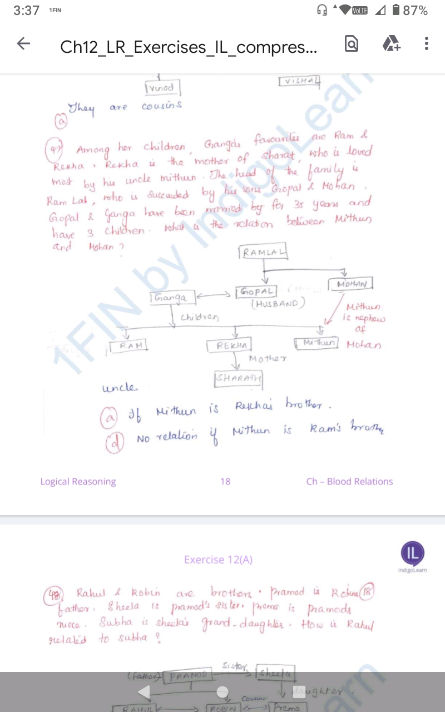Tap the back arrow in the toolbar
[23, 44]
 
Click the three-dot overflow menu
[426, 44]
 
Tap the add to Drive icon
[390, 44]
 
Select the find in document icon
[352, 44]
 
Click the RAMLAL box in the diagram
[263, 253]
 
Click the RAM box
[128, 346]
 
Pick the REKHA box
[229, 346]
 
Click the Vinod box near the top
[162, 88]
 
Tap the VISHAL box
[300, 81]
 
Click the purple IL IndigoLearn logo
[412, 552]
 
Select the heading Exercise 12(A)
[218, 560]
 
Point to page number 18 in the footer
[225, 481]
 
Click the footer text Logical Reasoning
[78, 481]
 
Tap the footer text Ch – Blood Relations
[349, 481]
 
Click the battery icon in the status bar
[395, 10]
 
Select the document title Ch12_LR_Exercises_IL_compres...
[189, 47]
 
